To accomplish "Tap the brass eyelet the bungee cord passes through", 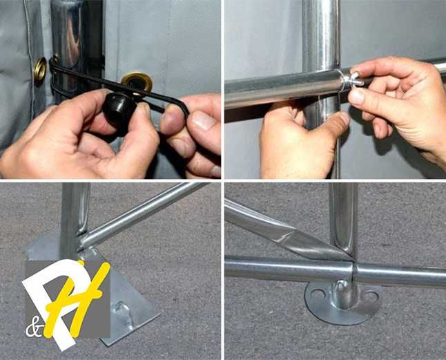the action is tap(137, 82).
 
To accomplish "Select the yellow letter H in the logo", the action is tap(75, 299).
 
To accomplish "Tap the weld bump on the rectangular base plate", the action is tap(122, 311).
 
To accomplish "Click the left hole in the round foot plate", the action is tap(318, 294).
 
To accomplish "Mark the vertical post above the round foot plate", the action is tap(343, 219).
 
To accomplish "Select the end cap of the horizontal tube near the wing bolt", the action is tap(341, 82).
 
